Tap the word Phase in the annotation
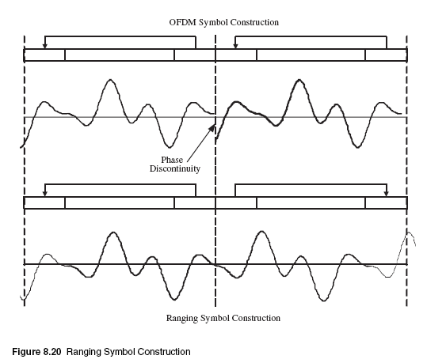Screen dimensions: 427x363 point(172,160)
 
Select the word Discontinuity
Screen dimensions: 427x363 point(175,168)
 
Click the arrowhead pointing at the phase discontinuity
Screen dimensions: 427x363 point(212,128)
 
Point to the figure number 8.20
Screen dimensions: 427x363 point(52,352)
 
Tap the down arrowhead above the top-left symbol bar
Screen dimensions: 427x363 point(45,46)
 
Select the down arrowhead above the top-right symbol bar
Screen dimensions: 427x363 point(235,46)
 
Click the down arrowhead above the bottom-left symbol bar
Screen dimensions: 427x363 point(45,194)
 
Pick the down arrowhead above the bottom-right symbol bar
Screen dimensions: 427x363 point(386,194)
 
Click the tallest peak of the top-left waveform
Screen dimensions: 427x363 point(110,80)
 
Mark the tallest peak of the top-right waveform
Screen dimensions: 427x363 point(299,80)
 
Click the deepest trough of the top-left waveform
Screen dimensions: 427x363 point(170,147)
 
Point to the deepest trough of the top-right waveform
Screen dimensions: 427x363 point(357,147)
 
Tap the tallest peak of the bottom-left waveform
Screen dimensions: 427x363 point(113,233)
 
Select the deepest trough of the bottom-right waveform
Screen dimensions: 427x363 point(323,301)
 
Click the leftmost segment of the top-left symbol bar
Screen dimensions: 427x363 point(44,55)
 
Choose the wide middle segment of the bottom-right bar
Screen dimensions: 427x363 point(311,202)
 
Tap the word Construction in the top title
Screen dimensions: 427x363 point(254,22)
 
